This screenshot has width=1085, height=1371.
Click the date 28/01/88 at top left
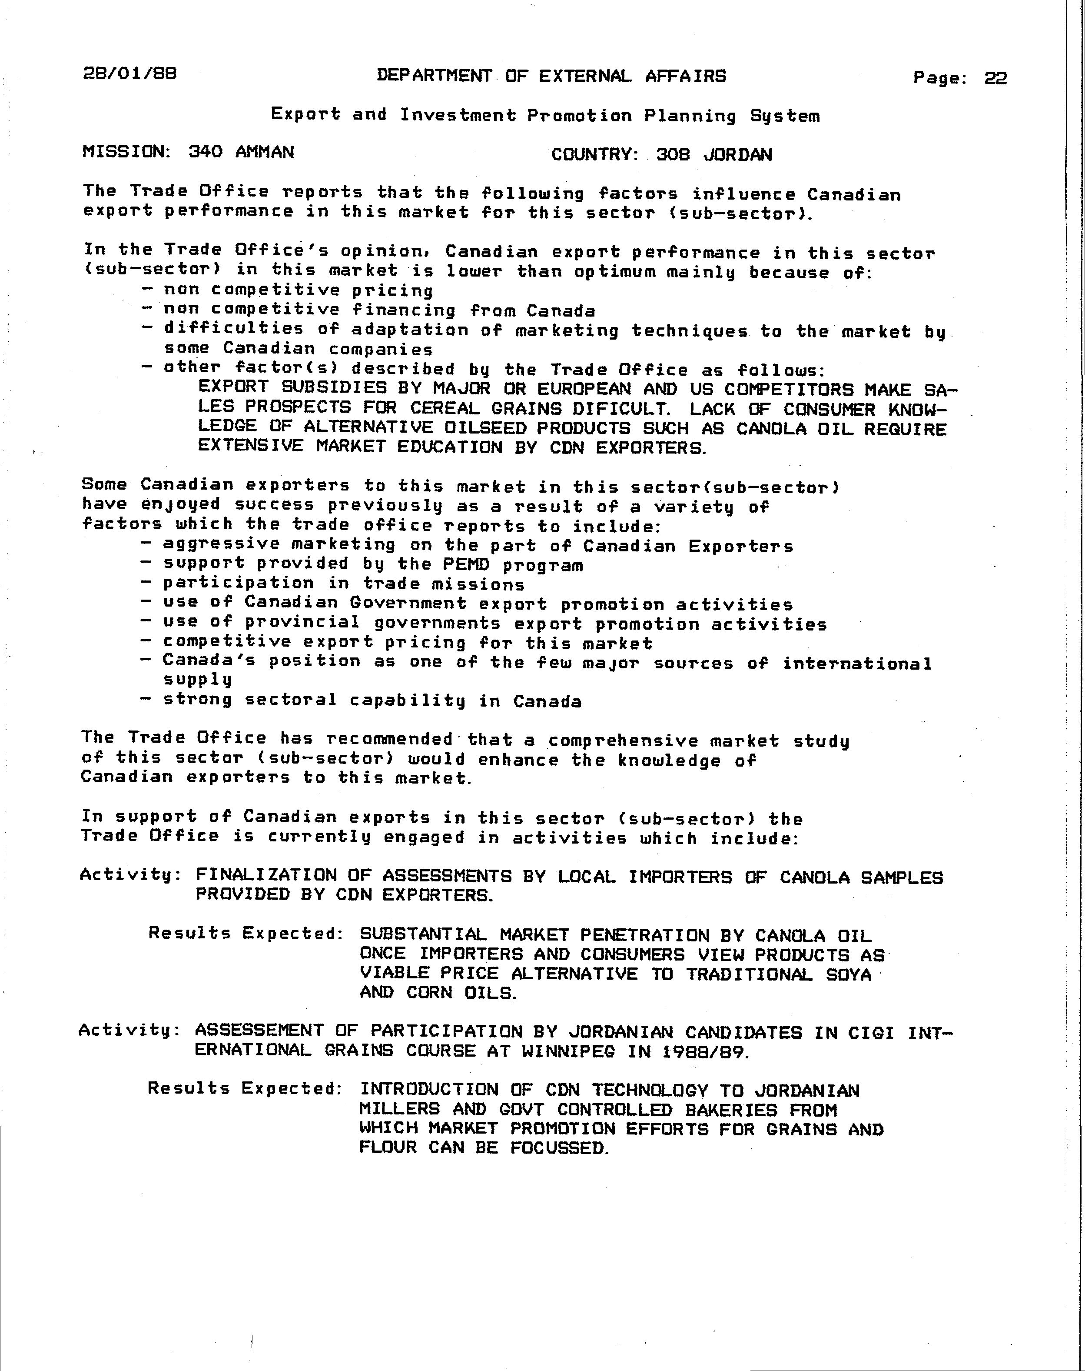pos(129,74)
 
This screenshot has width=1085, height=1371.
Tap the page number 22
pos(995,78)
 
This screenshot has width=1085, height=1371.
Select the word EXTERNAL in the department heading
pos(584,76)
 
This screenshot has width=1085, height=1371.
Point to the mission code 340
pos(205,152)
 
